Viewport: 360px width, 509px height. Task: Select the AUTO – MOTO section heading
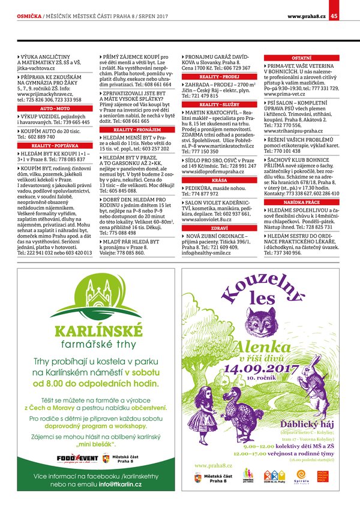(x=54, y=107)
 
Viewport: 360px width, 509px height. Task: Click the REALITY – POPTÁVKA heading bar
(x=54, y=145)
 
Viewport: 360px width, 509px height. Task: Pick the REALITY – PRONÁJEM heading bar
(x=136, y=129)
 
